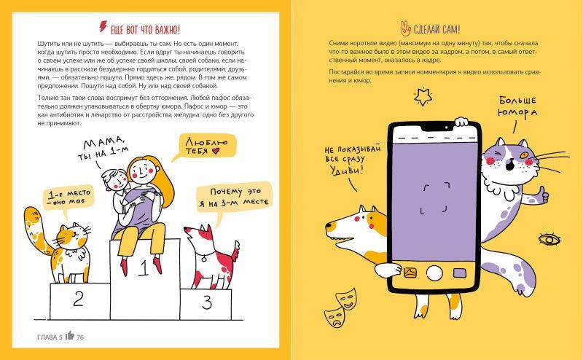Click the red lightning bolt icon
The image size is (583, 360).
[x=103, y=26]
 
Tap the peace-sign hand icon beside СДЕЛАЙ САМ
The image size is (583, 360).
[x=406, y=28]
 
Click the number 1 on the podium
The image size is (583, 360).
[x=143, y=268]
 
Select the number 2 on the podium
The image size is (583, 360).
[x=79, y=298]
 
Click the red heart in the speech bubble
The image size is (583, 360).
[x=216, y=151]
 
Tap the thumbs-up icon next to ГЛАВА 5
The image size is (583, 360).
[x=70, y=335]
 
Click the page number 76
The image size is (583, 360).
[x=80, y=337]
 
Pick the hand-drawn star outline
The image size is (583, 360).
[x=423, y=97]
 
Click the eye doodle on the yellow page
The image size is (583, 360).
[x=549, y=239]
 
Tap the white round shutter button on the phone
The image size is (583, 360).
[x=434, y=273]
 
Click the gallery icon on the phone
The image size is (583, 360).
[x=410, y=273]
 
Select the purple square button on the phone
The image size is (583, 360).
[x=460, y=273]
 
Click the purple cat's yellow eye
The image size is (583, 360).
[x=524, y=154]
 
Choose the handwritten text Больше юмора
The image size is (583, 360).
[x=517, y=106]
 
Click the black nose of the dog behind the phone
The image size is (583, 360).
[x=329, y=225]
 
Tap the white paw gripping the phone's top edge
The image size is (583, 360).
[x=461, y=122]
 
